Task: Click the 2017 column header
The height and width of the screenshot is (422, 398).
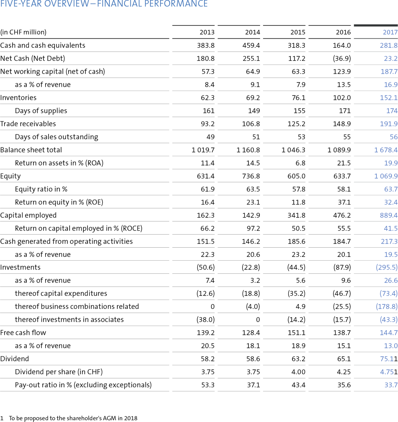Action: click(x=390, y=32)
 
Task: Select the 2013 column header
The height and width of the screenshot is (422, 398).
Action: click(x=207, y=32)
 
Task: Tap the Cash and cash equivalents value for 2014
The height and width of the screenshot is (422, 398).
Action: click(x=251, y=46)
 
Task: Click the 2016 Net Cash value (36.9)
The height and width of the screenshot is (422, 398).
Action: click(x=342, y=58)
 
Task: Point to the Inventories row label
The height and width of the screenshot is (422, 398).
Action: click(x=18, y=98)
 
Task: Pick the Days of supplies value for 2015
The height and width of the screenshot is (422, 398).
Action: click(x=300, y=111)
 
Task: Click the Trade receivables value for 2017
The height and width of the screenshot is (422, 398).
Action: click(x=389, y=124)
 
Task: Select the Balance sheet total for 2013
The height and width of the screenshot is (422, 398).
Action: click(x=203, y=150)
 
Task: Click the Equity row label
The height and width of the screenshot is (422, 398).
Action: click(x=10, y=176)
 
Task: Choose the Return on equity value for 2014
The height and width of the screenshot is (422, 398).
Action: click(x=253, y=202)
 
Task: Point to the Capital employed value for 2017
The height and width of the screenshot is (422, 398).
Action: click(x=389, y=215)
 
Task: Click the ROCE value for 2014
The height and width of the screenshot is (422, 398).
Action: click(x=253, y=228)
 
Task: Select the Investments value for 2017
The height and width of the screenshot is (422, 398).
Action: click(x=387, y=267)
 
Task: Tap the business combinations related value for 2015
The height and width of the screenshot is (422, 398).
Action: click(x=300, y=306)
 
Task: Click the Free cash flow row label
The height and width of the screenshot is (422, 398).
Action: click(x=23, y=333)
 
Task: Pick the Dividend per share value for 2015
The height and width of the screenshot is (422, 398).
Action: click(x=298, y=372)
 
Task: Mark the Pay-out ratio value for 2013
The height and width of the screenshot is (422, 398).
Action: click(x=208, y=385)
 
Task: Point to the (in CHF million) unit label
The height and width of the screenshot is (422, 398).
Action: click(x=23, y=32)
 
